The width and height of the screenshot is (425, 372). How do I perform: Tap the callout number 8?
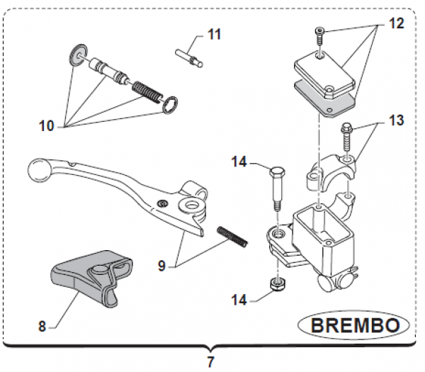pyautogui.click(x=41, y=327)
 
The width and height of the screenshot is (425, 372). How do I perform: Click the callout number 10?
pyautogui.click(x=46, y=127)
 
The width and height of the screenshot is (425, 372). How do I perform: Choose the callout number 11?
pyautogui.click(x=214, y=34)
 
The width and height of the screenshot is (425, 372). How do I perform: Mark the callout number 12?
pyautogui.click(x=396, y=23)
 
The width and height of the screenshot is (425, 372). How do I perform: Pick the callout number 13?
pyautogui.click(x=396, y=120)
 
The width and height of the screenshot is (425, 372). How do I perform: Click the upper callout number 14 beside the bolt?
pyautogui.click(x=239, y=162)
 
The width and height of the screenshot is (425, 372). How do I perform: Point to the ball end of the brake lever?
pyautogui.click(x=37, y=170)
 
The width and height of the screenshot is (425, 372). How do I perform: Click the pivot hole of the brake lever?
pyautogui.click(x=190, y=206)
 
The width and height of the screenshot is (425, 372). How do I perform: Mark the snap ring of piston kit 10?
pyautogui.click(x=171, y=104)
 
